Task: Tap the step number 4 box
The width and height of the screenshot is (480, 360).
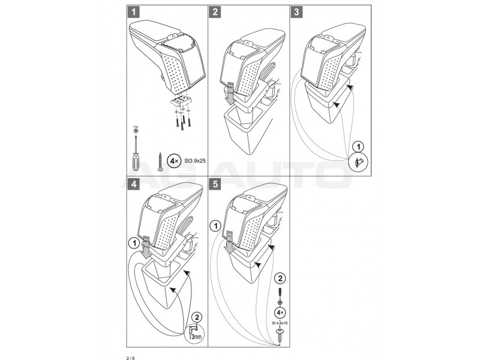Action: pyautogui.click(x=133, y=183)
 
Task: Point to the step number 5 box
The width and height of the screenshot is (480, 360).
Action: pyautogui.click(x=215, y=183)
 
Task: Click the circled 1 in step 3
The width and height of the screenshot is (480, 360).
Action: pyautogui.click(x=357, y=146)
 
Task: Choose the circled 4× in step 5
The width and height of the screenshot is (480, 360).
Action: pyautogui.click(x=279, y=313)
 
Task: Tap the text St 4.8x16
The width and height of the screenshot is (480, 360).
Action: pyautogui.click(x=279, y=324)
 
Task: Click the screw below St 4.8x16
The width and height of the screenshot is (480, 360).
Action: pyautogui.click(x=279, y=334)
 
